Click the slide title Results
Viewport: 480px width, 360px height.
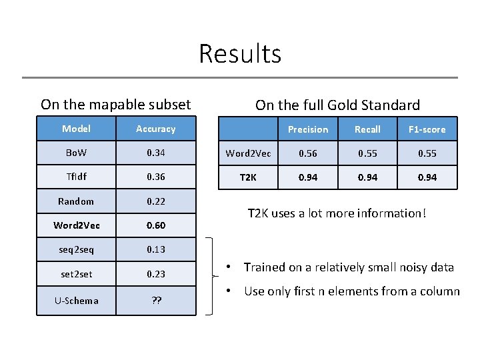tap(240, 53)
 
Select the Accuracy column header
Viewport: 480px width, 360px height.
tap(155, 129)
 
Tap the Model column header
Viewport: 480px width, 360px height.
tap(76, 129)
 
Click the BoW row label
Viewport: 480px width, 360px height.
tap(76, 153)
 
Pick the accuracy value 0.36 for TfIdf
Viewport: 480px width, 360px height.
tap(155, 177)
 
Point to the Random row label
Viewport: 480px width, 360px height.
tap(76, 201)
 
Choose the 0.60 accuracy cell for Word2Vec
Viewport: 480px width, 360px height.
tap(155, 225)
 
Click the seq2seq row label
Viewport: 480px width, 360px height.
tap(76, 249)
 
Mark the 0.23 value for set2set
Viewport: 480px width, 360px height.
tap(155, 273)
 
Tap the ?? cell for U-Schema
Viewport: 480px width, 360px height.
tap(155, 300)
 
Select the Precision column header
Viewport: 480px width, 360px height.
tap(308, 129)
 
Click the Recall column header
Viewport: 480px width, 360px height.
tap(367, 129)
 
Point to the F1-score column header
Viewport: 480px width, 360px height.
tap(427, 129)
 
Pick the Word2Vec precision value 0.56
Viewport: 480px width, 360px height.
tap(308, 153)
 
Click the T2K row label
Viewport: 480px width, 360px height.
tap(248, 177)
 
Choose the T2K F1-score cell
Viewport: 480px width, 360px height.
tap(427, 177)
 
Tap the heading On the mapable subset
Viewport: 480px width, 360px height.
tap(115, 105)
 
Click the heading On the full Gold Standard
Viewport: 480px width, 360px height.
tap(337, 105)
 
